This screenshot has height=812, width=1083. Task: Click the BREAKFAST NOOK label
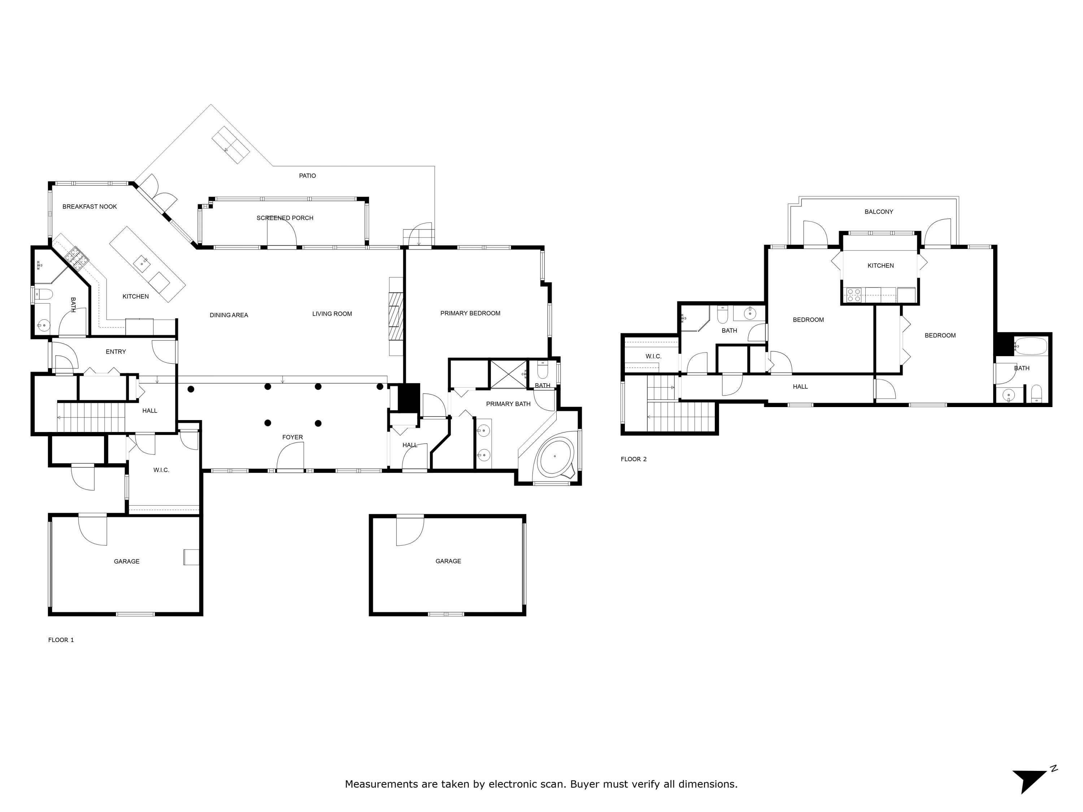(90, 206)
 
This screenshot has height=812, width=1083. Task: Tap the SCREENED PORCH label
(285, 218)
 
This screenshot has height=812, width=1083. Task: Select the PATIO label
(308, 176)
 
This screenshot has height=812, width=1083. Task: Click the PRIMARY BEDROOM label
(470, 313)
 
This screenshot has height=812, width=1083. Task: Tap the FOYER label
(292, 437)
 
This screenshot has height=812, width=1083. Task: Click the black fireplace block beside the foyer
(408, 397)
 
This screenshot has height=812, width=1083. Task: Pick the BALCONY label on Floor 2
(879, 212)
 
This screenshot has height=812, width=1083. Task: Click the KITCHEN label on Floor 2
(880, 266)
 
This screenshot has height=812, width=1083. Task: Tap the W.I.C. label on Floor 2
(653, 356)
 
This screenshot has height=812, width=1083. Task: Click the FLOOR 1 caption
(61, 640)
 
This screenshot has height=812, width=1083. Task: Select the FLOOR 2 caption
(634, 459)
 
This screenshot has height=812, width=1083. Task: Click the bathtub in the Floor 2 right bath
(1031, 346)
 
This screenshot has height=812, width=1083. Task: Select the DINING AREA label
(229, 315)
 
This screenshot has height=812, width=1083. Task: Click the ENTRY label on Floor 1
(116, 352)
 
